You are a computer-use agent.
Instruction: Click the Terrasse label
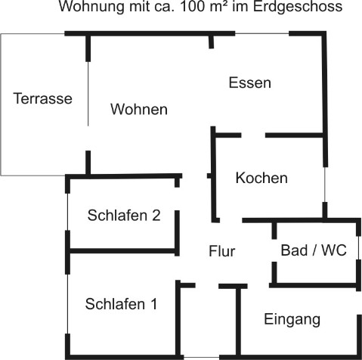coord(42,98)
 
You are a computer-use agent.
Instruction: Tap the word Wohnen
coord(139,109)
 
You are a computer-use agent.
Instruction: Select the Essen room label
coord(250,82)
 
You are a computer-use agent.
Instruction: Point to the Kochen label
coord(261,178)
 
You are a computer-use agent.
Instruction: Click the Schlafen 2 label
coord(124,216)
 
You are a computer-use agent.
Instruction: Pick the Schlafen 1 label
coord(121,304)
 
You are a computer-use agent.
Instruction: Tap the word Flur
coord(222,251)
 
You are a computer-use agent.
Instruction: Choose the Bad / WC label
coord(314,250)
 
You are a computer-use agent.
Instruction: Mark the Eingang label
coord(292,320)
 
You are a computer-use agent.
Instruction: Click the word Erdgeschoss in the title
coord(298,7)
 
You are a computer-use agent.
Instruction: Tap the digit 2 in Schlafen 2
coord(156,216)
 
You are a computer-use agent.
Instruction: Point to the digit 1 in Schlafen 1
coord(154,304)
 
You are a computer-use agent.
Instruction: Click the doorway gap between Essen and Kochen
coord(253,135)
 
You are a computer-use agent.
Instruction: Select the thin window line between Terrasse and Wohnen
coord(88,94)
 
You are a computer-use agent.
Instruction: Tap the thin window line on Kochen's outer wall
coord(325,185)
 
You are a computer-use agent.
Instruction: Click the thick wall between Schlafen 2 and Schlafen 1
coord(122,251)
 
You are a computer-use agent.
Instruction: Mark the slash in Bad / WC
coord(314,250)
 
